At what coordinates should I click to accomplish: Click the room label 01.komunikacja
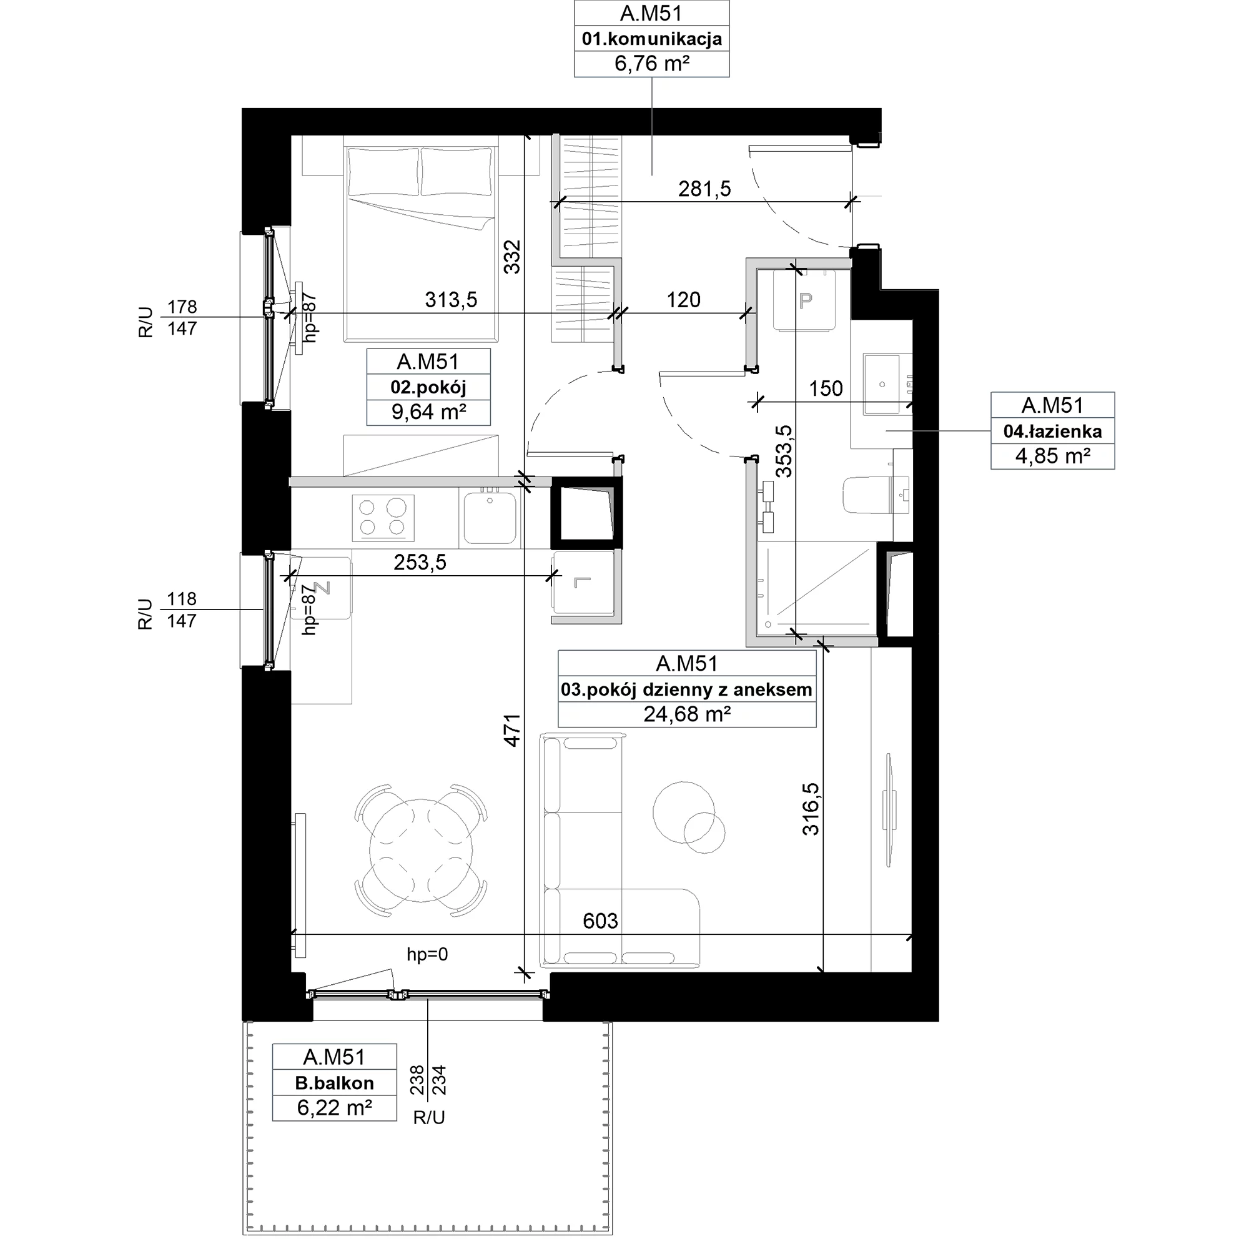(651, 39)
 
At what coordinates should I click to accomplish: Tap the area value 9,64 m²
(428, 412)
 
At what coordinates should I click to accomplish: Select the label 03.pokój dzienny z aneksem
(686, 690)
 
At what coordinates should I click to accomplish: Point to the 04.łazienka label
(1052, 431)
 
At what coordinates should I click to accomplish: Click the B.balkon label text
(334, 1083)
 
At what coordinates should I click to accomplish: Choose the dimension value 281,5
(704, 189)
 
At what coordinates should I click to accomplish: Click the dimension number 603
(600, 921)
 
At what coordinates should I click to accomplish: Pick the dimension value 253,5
(420, 563)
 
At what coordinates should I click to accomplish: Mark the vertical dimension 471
(512, 731)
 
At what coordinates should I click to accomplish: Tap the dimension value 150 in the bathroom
(826, 388)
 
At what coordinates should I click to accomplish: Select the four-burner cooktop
(383, 518)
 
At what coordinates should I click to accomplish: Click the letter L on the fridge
(583, 583)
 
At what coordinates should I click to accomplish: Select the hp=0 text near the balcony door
(427, 954)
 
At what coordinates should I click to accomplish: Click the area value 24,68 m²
(686, 714)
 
